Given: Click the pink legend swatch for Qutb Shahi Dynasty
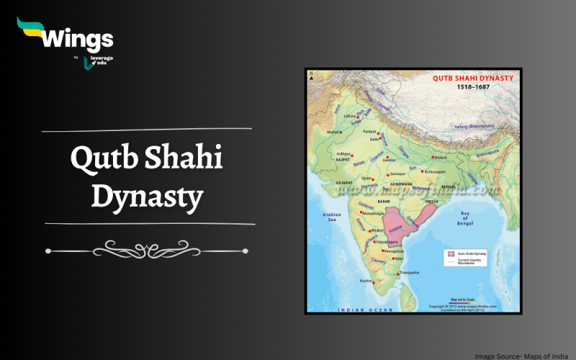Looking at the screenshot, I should [450, 253].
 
